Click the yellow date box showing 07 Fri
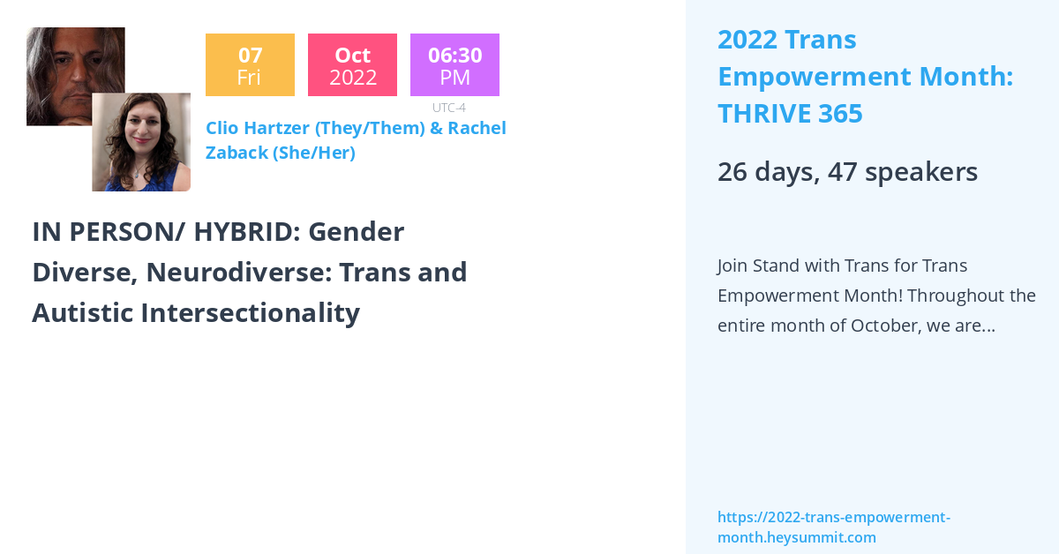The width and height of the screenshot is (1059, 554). [x=250, y=65]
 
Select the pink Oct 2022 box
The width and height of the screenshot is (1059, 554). [x=352, y=65]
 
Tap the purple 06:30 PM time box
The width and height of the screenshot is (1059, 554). [x=454, y=65]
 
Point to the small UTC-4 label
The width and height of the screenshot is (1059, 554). [x=448, y=108]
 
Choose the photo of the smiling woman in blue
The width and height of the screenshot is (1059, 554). [x=141, y=142]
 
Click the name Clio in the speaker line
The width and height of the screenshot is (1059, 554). [x=225, y=128]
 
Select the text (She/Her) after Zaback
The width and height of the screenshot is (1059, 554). [x=314, y=153]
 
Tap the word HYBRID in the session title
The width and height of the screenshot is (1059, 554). [x=237, y=232]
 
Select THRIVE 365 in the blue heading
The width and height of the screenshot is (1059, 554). [x=790, y=114]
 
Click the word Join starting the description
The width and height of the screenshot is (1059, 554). [x=735, y=266]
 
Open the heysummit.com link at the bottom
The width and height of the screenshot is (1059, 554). [x=833, y=528]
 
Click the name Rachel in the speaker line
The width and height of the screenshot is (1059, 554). [x=477, y=128]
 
